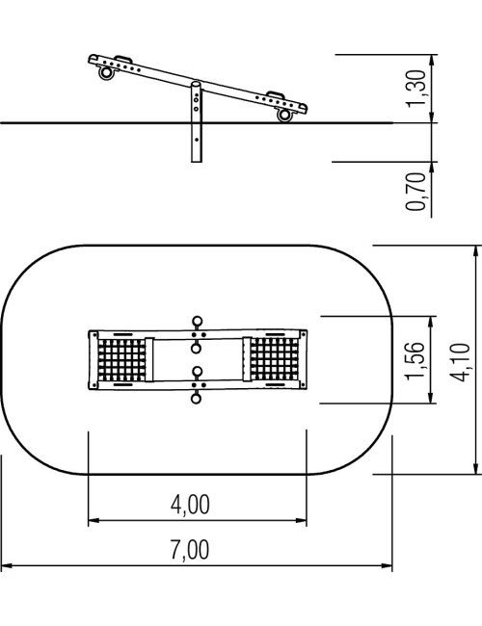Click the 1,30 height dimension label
point(416,89)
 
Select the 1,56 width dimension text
point(416,361)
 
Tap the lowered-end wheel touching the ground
point(285,116)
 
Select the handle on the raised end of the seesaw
point(122,59)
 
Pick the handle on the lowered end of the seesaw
point(276,94)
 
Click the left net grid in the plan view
point(123,361)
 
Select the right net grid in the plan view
point(273,361)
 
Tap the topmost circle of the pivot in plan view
point(198,322)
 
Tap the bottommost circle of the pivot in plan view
point(198,400)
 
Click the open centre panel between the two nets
point(198,361)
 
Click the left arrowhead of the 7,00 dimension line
point(6,565)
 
